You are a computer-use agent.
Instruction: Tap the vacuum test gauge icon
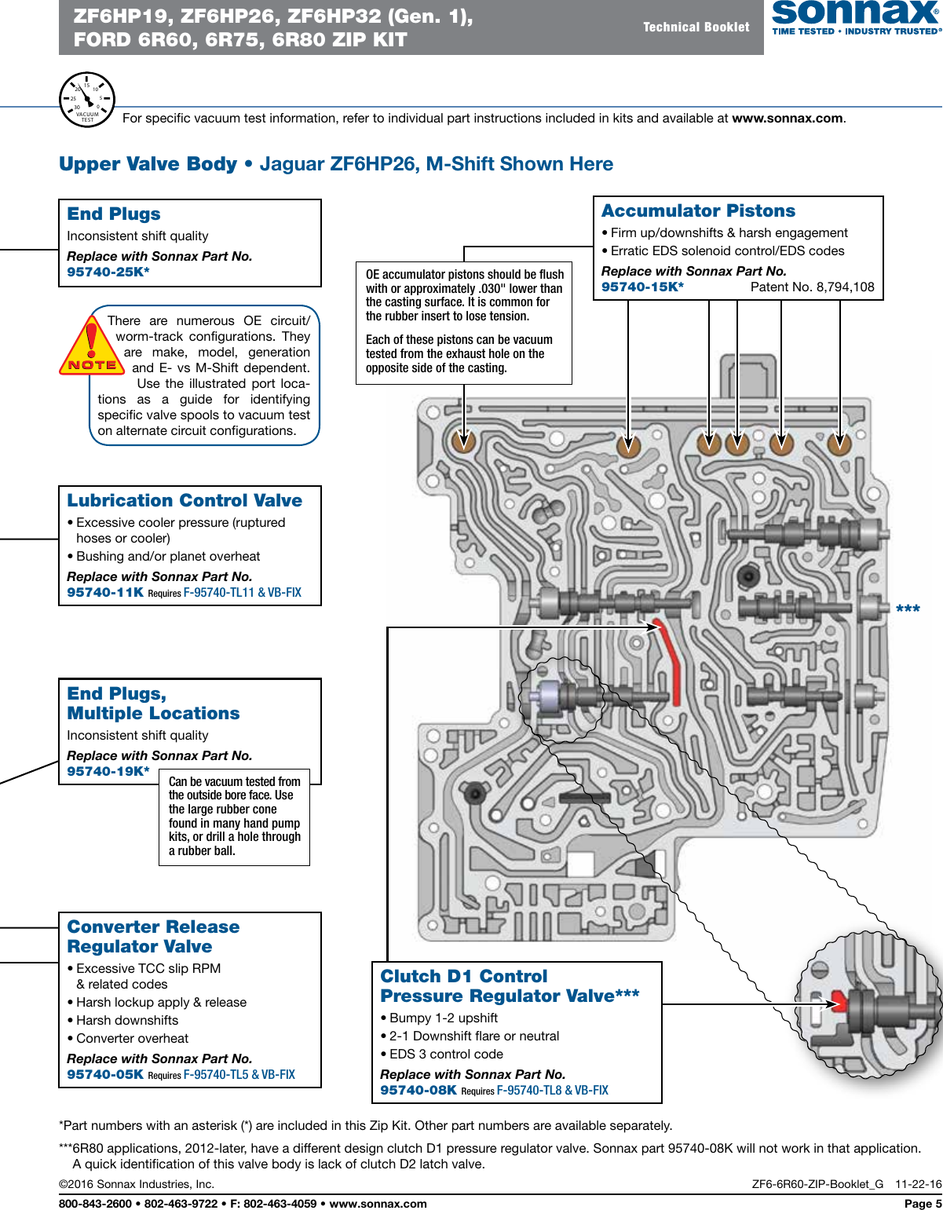(87, 100)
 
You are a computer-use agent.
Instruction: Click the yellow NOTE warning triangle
(91, 347)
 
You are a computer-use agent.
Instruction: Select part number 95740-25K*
(108, 272)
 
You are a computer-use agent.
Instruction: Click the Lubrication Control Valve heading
(185, 500)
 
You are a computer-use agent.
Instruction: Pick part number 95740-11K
(105, 592)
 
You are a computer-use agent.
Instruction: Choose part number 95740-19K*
(108, 771)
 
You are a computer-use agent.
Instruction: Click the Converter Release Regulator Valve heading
(153, 937)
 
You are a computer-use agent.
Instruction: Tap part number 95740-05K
(105, 1074)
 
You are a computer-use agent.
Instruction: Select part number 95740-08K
(419, 1090)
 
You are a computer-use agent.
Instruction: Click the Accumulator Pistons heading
(698, 210)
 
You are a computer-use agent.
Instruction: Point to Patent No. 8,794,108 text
(812, 287)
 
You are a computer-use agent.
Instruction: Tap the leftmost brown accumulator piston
(464, 442)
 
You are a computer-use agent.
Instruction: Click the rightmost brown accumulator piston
(839, 444)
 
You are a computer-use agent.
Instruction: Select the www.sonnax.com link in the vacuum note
(788, 119)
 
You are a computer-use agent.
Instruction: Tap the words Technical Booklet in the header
(696, 27)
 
